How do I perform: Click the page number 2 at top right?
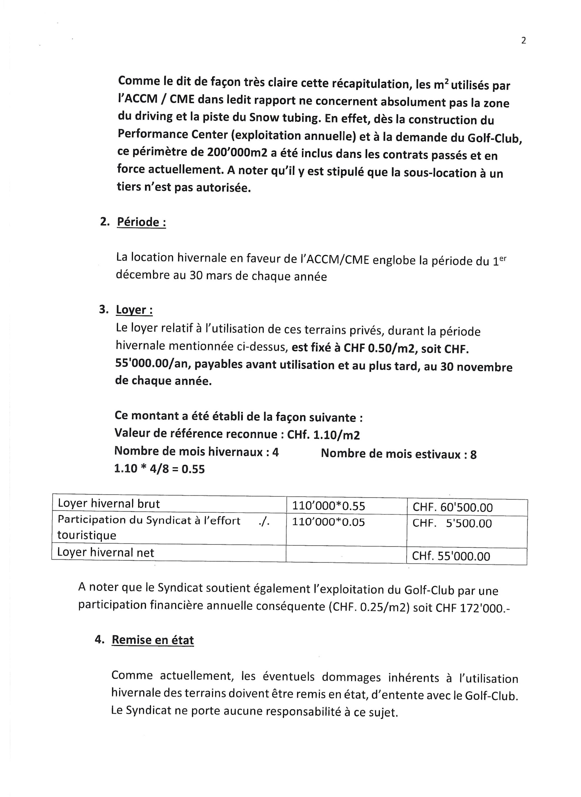(x=523, y=41)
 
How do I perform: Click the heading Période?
(x=141, y=222)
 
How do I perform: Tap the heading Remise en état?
(x=152, y=640)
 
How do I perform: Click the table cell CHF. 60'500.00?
(x=452, y=507)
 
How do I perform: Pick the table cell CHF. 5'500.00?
(x=452, y=523)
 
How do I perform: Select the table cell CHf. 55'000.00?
(x=451, y=556)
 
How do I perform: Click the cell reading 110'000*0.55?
(x=329, y=506)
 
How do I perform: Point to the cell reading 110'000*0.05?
(x=329, y=522)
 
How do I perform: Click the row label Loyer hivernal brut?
(x=109, y=504)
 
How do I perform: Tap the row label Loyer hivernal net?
(x=105, y=552)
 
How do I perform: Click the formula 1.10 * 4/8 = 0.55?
(x=159, y=469)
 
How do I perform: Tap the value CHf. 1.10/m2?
(x=323, y=435)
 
